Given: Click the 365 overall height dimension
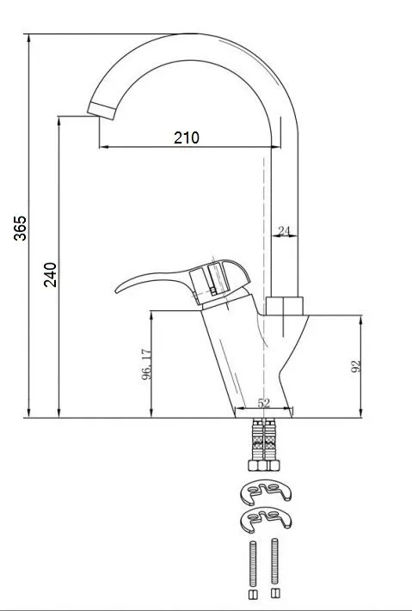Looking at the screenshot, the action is pos(21,228).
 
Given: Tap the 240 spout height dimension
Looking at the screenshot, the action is pos(50,275).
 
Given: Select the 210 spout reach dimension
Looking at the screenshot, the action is pos(187,137).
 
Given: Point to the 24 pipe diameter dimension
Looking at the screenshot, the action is pos(284,231).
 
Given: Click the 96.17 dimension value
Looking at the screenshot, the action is pos(146,364).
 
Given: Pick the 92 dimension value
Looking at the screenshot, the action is pos(356,366).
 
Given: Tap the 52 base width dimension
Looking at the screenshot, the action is pos(264,403).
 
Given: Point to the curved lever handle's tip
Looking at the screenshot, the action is pos(117,290).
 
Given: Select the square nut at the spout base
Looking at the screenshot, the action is pos(284,306).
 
